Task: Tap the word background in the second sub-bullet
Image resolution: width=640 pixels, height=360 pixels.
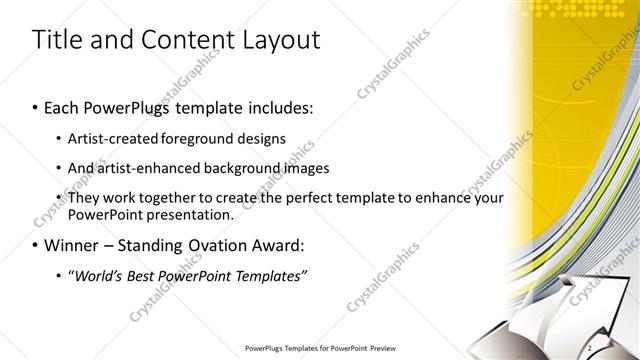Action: pos(241,168)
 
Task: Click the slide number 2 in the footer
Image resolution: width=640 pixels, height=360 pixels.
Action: pos(591,347)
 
